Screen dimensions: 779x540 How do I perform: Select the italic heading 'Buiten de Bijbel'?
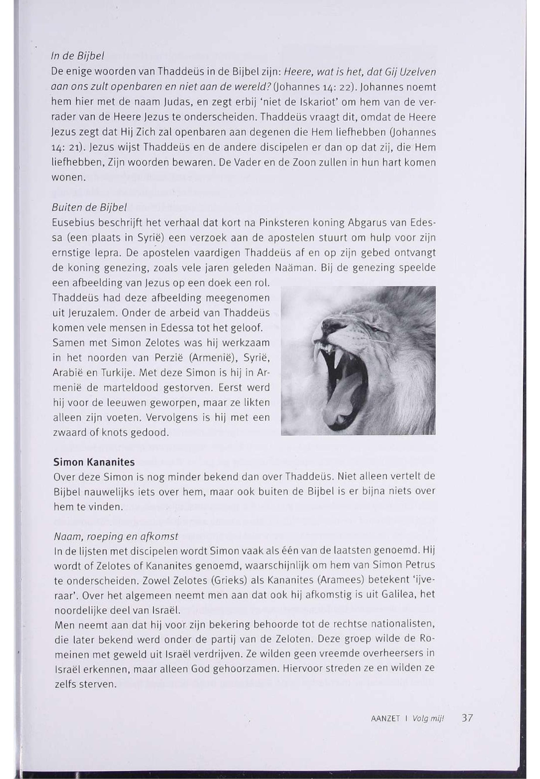[89, 208]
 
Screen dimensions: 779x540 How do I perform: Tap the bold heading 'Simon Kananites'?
[94, 462]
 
